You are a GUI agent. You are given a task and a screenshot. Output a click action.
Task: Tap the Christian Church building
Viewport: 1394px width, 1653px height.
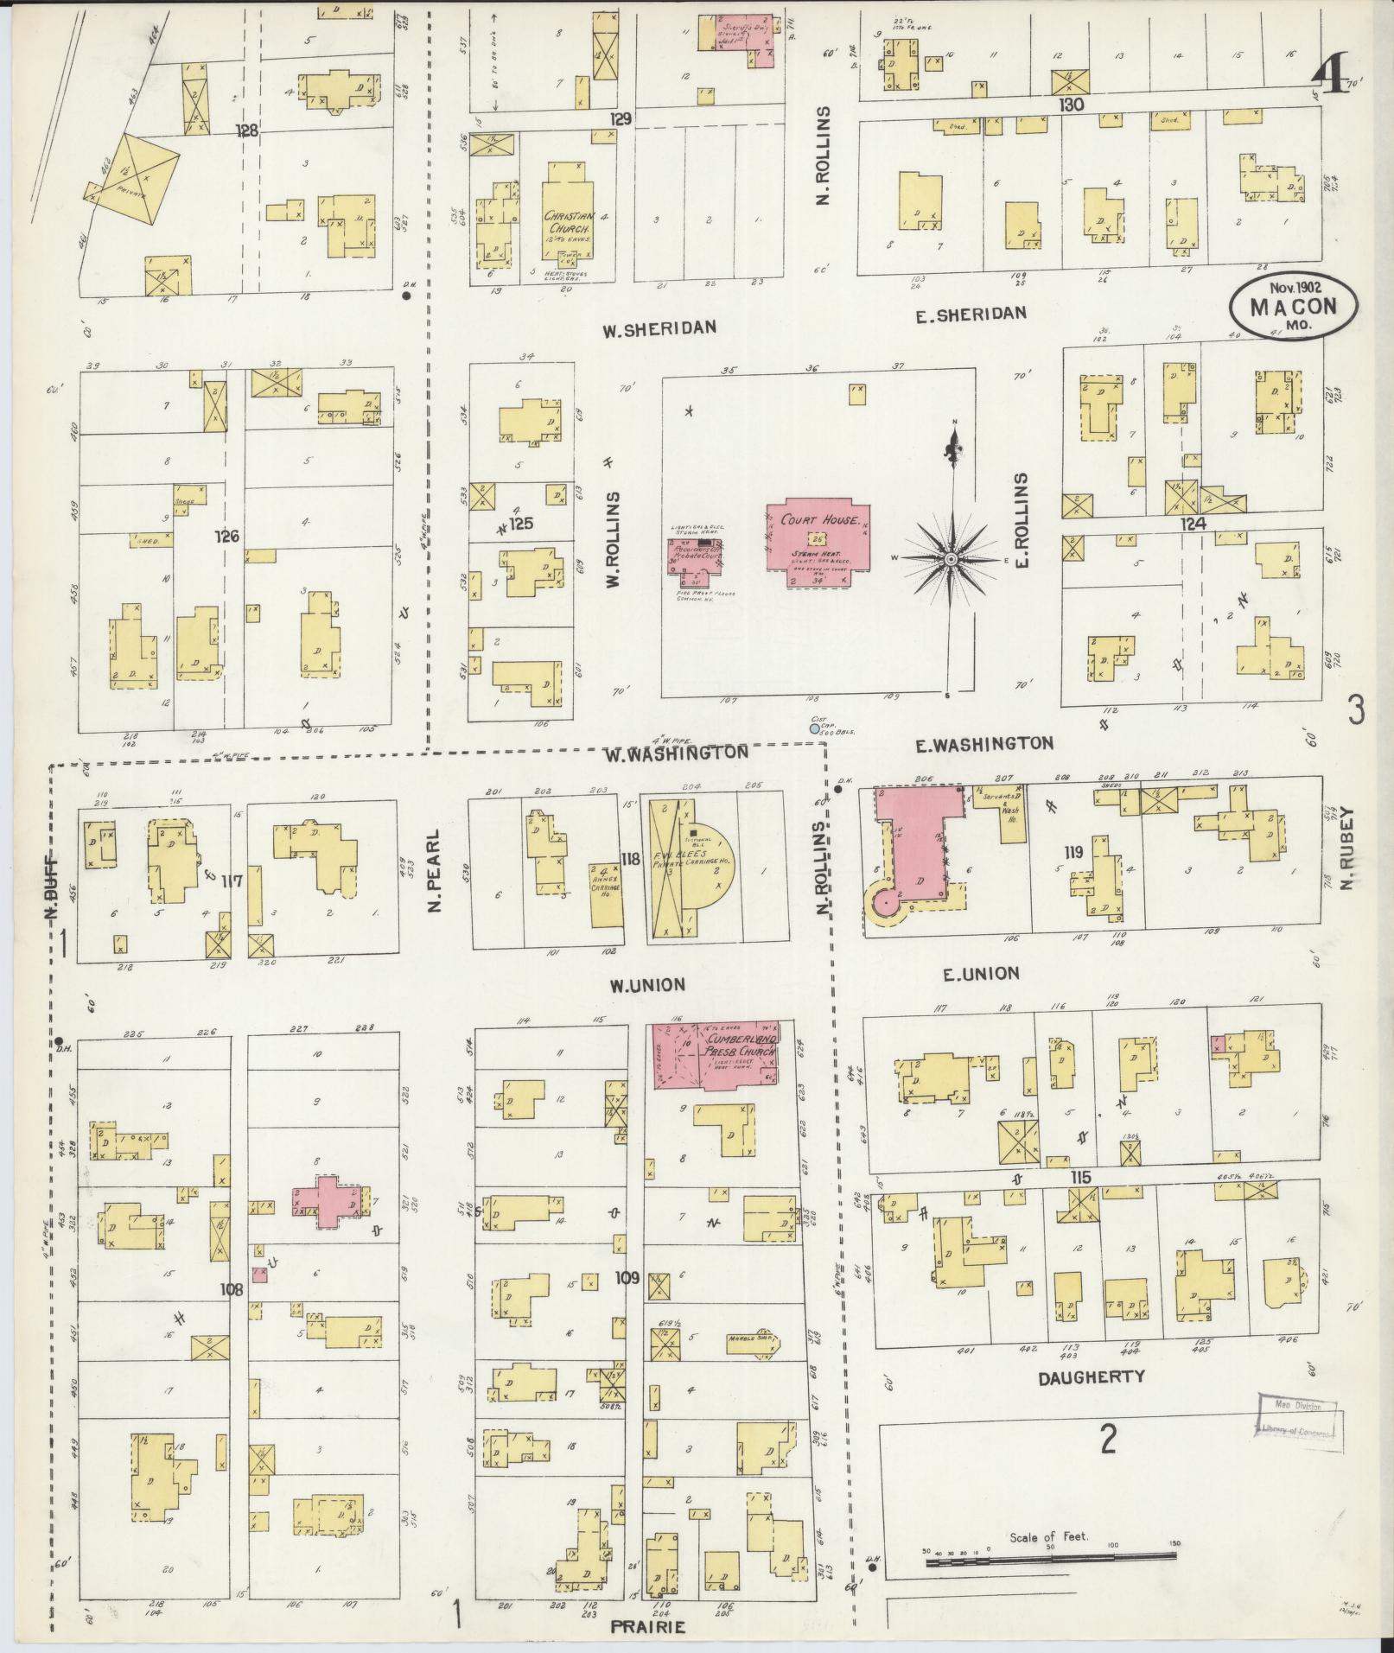(x=566, y=220)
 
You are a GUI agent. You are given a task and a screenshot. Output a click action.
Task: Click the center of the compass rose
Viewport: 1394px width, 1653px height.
(x=951, y=560)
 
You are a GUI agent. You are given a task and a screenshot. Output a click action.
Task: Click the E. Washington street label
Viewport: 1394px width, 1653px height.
(x=983, y=743)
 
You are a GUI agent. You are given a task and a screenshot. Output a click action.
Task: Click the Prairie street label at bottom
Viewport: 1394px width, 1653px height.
(x=647, y=1626)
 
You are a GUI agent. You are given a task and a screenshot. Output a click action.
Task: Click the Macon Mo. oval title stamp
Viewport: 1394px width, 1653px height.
(x=1294, y=308)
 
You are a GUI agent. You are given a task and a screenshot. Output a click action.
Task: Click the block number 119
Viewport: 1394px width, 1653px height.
(x=1074, y=852)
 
